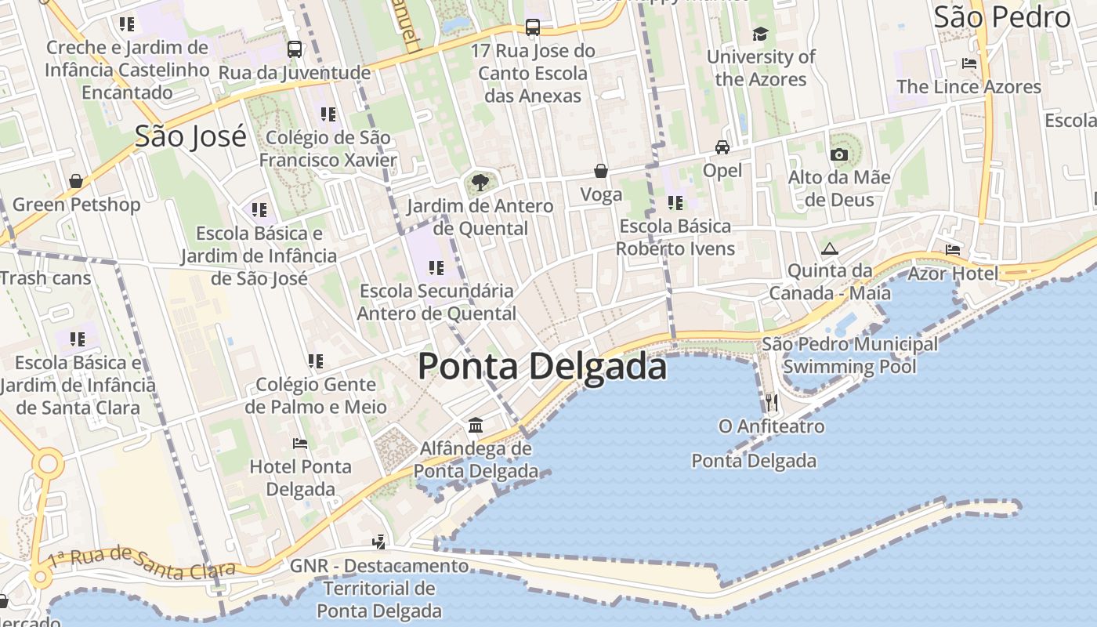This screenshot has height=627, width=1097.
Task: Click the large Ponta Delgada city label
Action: pos(542,367)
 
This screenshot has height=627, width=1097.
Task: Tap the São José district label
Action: pos(190,136)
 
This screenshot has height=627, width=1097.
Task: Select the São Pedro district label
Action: pos(1002,16)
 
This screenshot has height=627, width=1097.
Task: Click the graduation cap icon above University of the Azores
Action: pos(760,34)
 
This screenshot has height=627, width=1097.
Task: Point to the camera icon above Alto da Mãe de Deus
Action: pos(839,154)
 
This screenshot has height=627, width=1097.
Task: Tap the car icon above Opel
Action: pos(722,147)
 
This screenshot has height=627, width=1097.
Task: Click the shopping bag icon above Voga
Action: pos(601,171)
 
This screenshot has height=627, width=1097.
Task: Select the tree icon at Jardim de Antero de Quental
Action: pos(480,183)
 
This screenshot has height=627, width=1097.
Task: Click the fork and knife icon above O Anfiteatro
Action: pos(772,403)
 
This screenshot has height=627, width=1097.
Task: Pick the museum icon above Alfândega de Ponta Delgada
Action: pos(475,426)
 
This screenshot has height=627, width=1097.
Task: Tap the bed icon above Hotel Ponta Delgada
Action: pos(299,444)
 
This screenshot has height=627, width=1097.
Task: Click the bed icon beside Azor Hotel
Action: pos(953,250)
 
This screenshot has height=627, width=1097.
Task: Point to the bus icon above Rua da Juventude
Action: pos(295,49)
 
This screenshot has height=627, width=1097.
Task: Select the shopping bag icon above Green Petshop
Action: pos(76,182)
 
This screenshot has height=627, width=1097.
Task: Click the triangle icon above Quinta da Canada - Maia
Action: pos(830,249)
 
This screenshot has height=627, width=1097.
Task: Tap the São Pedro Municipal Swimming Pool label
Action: pos(849,355)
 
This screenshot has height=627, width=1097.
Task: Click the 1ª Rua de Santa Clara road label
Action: pos(141,562)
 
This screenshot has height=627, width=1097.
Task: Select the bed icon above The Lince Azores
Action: pos(969,63)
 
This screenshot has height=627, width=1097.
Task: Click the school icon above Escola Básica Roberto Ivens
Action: pos(675,203)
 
